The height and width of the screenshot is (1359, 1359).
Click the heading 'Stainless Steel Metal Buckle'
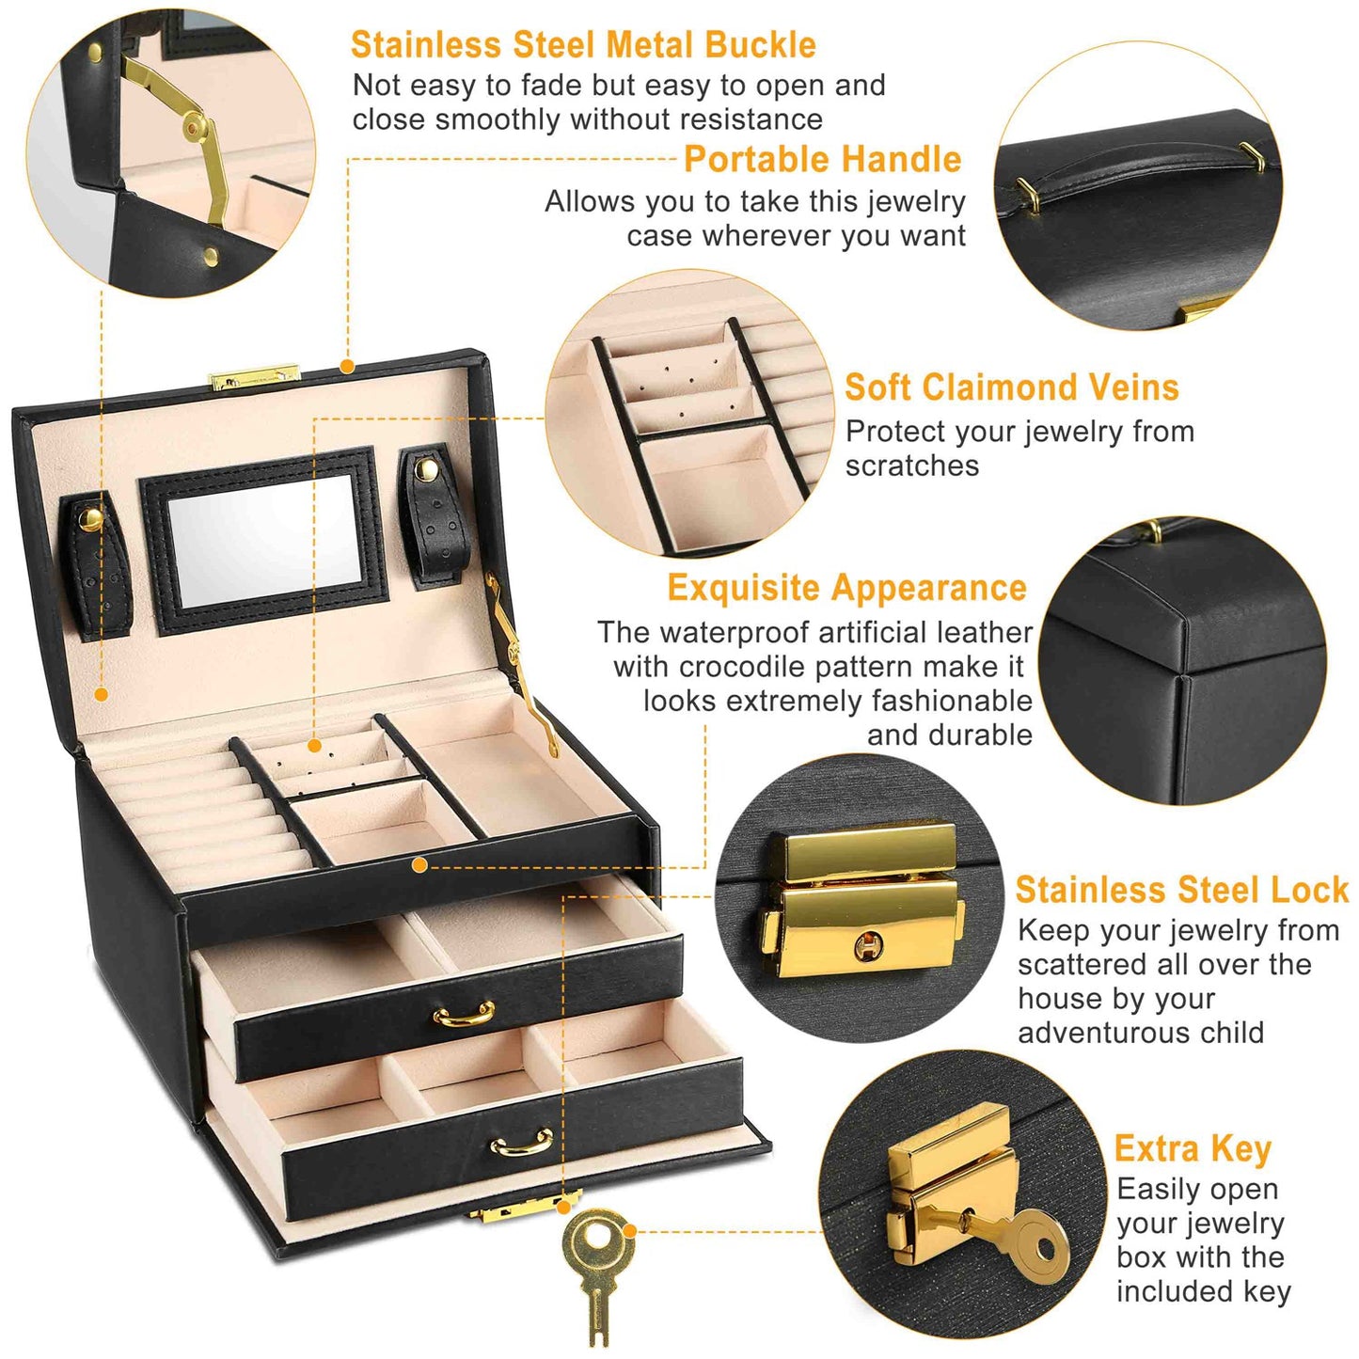pyautogui.click(x=583, y=45)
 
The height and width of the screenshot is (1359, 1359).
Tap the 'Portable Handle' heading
pyautogui.click(x=822, y=159)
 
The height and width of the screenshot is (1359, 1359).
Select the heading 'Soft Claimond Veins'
pyautogui.click(x=1012, y=387)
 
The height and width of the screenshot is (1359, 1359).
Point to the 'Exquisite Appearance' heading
pyautogui.click(x=847, y=588)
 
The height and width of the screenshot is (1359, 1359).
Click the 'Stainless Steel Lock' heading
pyautogui.click(x=1182, y=890)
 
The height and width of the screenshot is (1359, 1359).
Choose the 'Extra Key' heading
pyautogui.click(x=1193, y=1149)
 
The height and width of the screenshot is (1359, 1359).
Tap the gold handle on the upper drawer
pyautogui.click(x=464, y=1017)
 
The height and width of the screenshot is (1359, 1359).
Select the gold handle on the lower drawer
pyautogui.click(x=522, y=1144)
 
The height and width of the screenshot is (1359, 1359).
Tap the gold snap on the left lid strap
pyautogui.click(x=89, y=520)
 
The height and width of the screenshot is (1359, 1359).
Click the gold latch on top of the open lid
pyautogui.click(x=250, y=379)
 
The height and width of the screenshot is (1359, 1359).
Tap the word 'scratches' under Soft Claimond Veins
pyautogui.click(x=912, y=466)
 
